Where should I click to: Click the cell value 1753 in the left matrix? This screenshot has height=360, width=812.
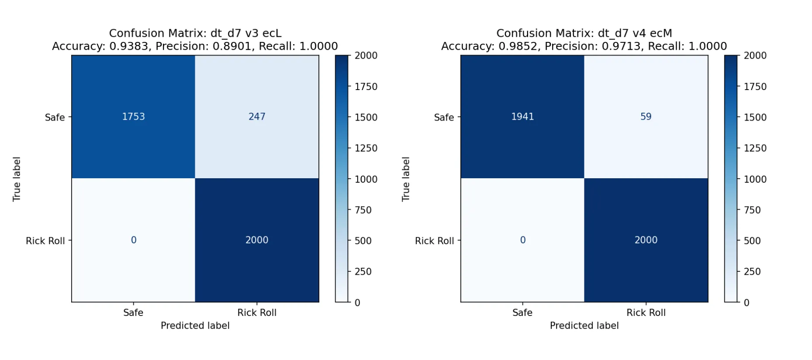click(x=133, y=117)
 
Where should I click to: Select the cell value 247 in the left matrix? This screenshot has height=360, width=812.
click(x=257, y=117)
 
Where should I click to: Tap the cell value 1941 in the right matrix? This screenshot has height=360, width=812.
click(x=522, y=117)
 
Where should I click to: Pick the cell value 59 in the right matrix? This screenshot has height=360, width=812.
click(x=646, y=117)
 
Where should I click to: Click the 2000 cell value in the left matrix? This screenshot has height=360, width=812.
click(x=257, y=240)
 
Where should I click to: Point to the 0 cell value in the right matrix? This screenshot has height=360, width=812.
click(x=522, y=240)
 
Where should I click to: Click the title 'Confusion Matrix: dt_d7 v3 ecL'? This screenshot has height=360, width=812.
click(x=195, y=33)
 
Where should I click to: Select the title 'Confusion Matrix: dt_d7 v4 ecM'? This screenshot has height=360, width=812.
click(x=584, y=33)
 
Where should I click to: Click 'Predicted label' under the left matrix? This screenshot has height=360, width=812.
click(x=195, y=325)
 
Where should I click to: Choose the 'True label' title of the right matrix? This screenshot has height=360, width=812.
click(x=406, y=179)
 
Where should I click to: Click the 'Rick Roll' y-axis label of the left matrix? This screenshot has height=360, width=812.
click(x=45, y=241)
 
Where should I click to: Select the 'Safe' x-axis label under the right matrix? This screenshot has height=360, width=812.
click(x=522, y=313)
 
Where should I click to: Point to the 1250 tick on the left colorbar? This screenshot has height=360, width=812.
click(x=366, y=148)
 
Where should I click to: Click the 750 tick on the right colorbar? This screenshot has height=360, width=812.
click(x=752, y=210)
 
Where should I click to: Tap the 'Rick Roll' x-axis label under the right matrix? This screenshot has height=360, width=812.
click(x=646, y=313)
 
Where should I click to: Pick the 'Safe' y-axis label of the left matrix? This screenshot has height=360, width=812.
click(x=55, y=118)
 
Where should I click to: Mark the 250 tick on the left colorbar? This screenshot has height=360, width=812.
click(x=363, y=272)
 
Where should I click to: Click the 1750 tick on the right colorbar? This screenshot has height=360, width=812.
click(x=755, y=87)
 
